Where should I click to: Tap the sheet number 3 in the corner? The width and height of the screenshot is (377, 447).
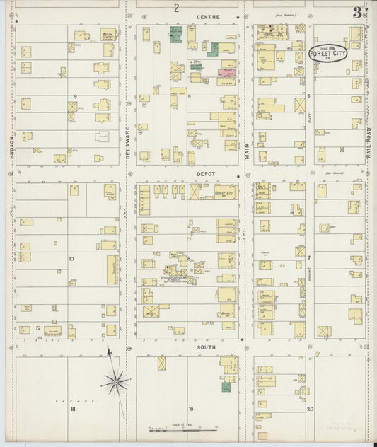coord(360,11)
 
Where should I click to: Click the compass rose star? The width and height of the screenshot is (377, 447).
coord(114,383)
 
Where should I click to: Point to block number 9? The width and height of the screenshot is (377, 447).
coord(74,95)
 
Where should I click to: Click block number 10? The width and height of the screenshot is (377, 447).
coord(71,259)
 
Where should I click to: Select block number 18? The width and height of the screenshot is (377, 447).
coord(71,409)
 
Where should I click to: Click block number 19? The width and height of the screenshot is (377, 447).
coord(190,409)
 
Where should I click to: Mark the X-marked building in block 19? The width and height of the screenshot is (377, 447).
coord(162,363)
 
